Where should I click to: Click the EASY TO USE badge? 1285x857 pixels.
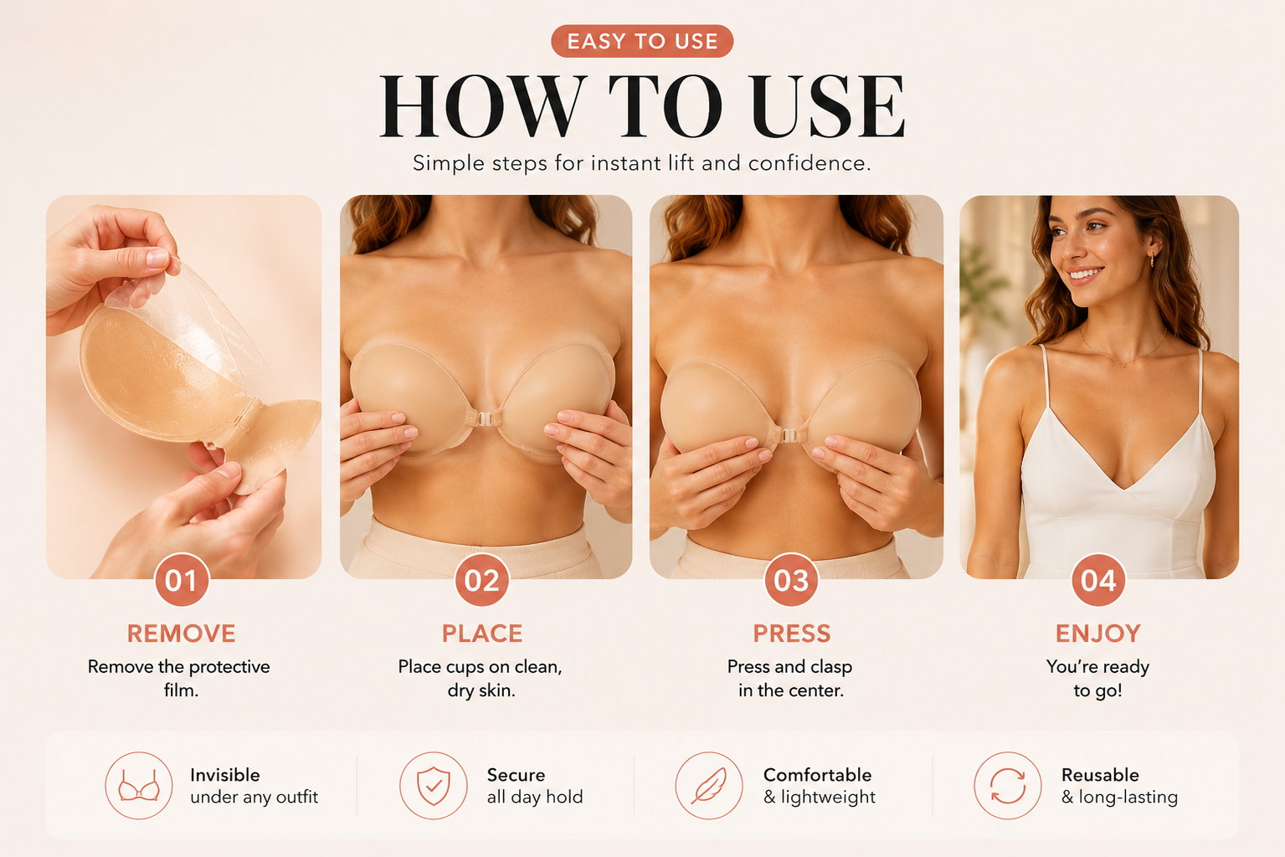pyautogui.click(x=642, y=41)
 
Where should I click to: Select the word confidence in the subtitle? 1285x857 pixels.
pyautogui.click(x=809, y=163)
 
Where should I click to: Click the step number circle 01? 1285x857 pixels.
pyautogui.click(x=182, y=580)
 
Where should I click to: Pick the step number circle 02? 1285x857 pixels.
pyautogui.click(x=482, y=580)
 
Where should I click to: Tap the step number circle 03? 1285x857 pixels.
pyautogui.click(x=791, y=580)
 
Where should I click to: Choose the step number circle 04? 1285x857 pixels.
pyautogui.click(x=1098, y=580)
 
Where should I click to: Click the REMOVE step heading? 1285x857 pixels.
pyautogui.click(x=182, y=634)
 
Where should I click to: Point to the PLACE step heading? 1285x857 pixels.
pyautogui.click(x=482, y=634)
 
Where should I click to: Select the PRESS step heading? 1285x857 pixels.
pyautogui.click(x=792, y=634)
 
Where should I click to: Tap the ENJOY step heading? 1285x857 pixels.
pyautogui.click(x=1098, y=634)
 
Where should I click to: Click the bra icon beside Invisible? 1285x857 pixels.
pyautogui.click(x=139, y=785)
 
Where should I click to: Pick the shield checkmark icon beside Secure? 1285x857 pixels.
pyautogui.click(x=434, y=785)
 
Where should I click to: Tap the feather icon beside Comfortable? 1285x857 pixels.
pyautogui.click(x=709, y=785)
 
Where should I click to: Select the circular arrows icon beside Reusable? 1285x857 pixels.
pyautogui.click(x=1008, y=785)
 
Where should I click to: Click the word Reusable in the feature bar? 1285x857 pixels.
pyautogui.click(x=1100, y=775)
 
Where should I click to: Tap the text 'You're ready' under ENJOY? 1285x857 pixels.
pyautogui.click(x=1097, y=667)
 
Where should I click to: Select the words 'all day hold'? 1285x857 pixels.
pyautogui.click(x=535, y=798)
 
